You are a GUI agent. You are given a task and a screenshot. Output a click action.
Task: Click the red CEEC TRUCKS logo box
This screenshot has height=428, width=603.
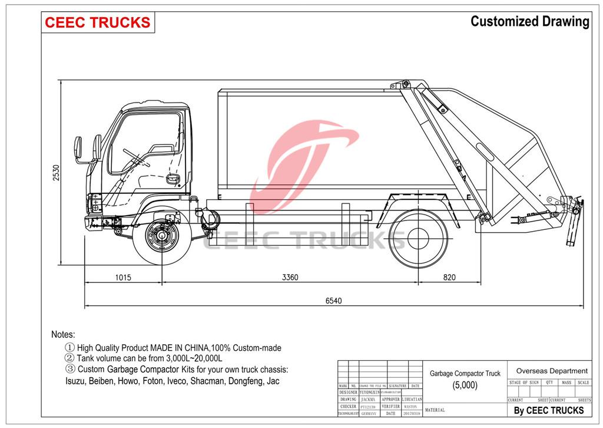(x=98, y=22)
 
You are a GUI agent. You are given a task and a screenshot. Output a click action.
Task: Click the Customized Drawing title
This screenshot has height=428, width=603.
(x=529, y=22)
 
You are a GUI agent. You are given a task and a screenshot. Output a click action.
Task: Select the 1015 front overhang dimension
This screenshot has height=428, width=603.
(x=122, y=277)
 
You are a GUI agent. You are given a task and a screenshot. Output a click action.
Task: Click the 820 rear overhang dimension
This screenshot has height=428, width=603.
(x=449, y=277)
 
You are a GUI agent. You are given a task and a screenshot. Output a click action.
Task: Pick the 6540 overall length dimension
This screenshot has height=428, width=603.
(x=333, y=301)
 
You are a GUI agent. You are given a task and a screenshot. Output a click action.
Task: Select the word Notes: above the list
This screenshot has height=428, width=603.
(x=63, y=335)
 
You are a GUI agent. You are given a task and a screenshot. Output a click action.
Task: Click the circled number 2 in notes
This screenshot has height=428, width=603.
(x=69, y=358)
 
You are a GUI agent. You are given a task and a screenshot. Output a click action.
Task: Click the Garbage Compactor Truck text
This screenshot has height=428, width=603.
(x=465, y=373)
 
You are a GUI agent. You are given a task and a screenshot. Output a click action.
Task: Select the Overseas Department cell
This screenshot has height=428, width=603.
(x=551, y=371)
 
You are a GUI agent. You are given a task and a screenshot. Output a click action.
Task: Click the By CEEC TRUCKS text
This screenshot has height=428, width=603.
(x=549, y=410)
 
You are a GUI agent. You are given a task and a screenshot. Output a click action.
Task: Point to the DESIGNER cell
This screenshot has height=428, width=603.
(x=348, y=392)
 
